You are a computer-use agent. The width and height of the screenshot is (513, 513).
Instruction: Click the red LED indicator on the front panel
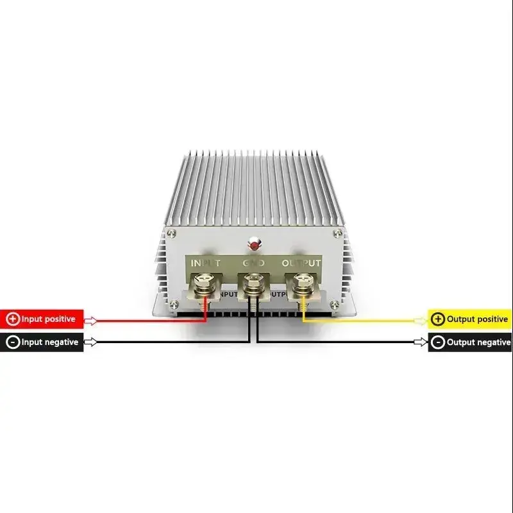click(x=255, y=244)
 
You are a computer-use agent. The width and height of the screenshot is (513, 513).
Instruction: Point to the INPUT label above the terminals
click(x=206, y=263)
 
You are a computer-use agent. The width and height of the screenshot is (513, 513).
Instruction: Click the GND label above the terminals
click(x=255, y=263)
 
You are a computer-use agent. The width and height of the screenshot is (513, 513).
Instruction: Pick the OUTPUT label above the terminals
click(x=301, y=263)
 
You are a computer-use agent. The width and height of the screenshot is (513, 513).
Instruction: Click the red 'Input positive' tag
click(x=42, y=319)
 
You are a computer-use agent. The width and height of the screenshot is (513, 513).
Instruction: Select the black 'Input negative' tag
click(x=42, y=342)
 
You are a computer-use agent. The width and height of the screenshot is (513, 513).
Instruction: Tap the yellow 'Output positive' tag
click(x=470, y=319)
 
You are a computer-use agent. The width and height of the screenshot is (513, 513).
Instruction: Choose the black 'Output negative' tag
click(x=470, y=342)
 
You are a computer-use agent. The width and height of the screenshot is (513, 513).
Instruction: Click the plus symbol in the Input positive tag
click(x=13, y=319)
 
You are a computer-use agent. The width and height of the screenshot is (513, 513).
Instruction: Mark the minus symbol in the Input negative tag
click(x=13, y=342)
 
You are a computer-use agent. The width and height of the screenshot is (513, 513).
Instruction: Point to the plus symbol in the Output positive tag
click(x=438, y=319)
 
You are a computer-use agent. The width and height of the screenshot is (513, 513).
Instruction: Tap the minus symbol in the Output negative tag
click(x=438, y=342)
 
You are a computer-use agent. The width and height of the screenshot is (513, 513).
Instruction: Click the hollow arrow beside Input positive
click(x=91, y=320)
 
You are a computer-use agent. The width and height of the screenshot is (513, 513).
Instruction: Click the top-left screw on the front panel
click(x=171, y=233)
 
